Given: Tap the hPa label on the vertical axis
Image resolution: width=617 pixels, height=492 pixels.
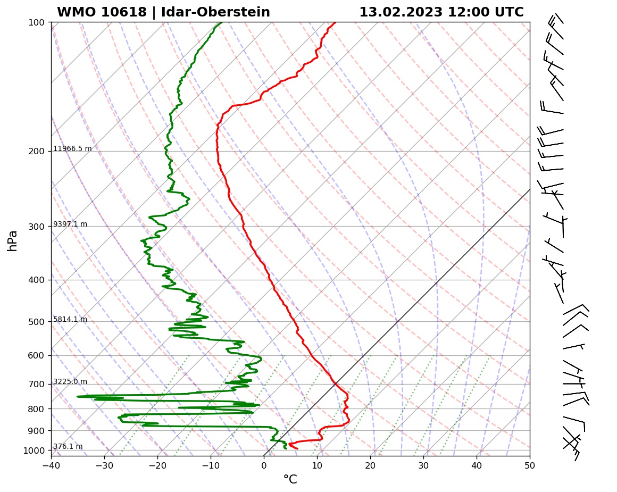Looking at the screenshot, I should (x=13, y=240).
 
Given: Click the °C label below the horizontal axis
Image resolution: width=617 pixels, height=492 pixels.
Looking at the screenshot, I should (x=290, y=480).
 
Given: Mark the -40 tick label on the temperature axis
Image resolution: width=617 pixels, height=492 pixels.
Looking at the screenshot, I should (x=51, y=466).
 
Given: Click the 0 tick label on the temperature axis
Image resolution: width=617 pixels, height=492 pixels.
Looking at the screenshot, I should (x=264, y=466).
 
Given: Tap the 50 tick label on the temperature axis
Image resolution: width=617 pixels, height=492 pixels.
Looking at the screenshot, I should (x=530, y=466).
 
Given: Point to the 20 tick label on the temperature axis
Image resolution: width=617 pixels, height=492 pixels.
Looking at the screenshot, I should (x=370, y=466).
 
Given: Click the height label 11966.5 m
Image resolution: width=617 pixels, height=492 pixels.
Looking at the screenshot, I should (x=72, y=149).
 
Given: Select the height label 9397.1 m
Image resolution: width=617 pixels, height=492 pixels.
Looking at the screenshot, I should (x=70, y=224).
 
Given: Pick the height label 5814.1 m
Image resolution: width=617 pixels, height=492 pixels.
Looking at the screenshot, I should (x=70, y=320).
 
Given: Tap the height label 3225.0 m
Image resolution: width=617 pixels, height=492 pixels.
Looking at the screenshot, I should (x=70, y=382).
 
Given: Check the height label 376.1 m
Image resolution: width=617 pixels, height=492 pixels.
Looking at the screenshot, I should (x=68, y=447).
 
